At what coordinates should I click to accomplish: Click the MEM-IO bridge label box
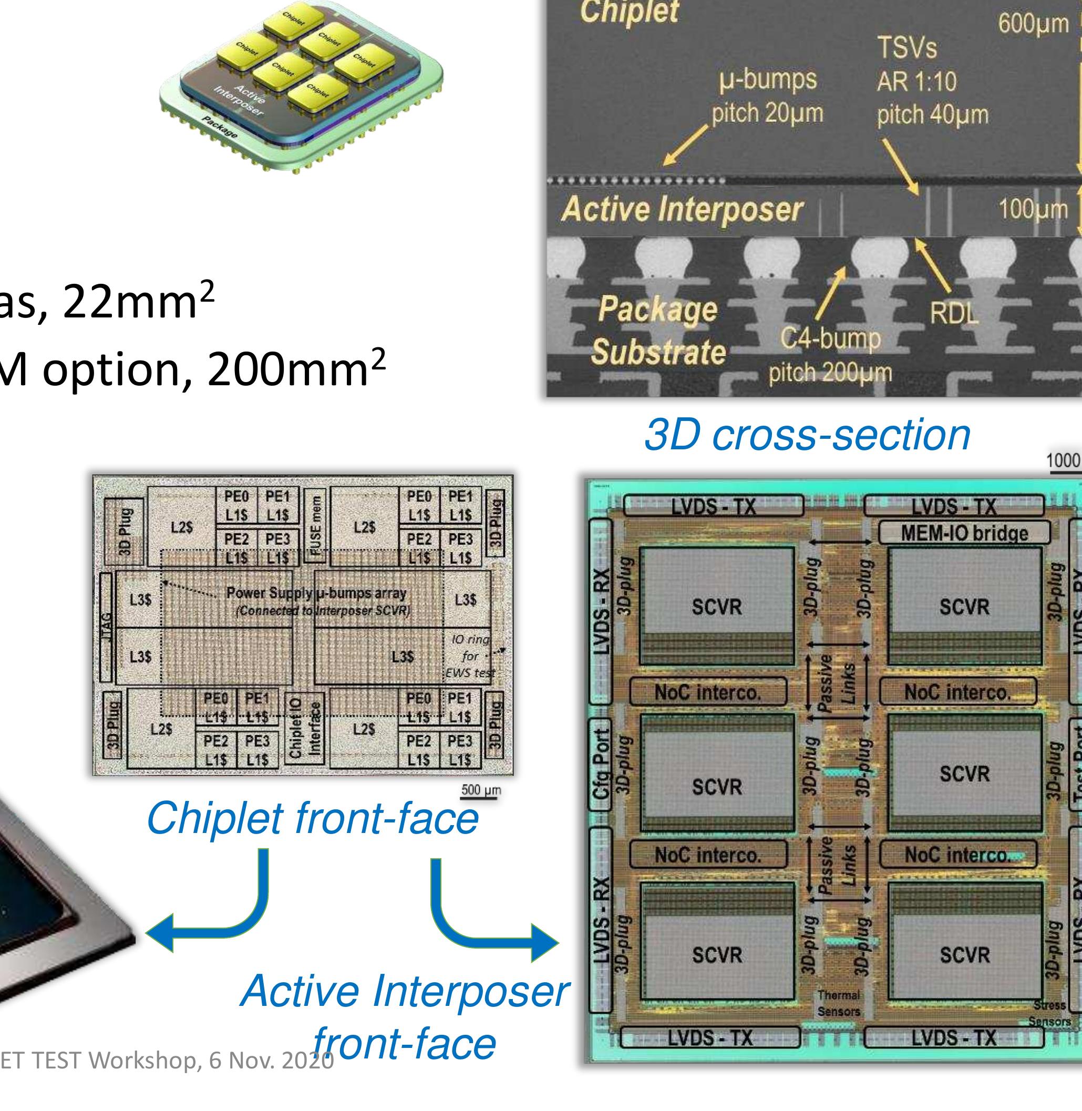[x=964, y=533]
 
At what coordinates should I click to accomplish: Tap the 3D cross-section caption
[x=807, y=435]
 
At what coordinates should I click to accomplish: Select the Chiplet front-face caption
[x=312, y=819]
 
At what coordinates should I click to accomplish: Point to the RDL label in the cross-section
[x=954, y=313]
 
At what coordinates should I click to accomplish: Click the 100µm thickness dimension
[x=1033, y=210]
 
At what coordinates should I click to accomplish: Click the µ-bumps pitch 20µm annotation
[x=767, y=97]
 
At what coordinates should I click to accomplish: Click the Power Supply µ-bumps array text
[x=316, y=593]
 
